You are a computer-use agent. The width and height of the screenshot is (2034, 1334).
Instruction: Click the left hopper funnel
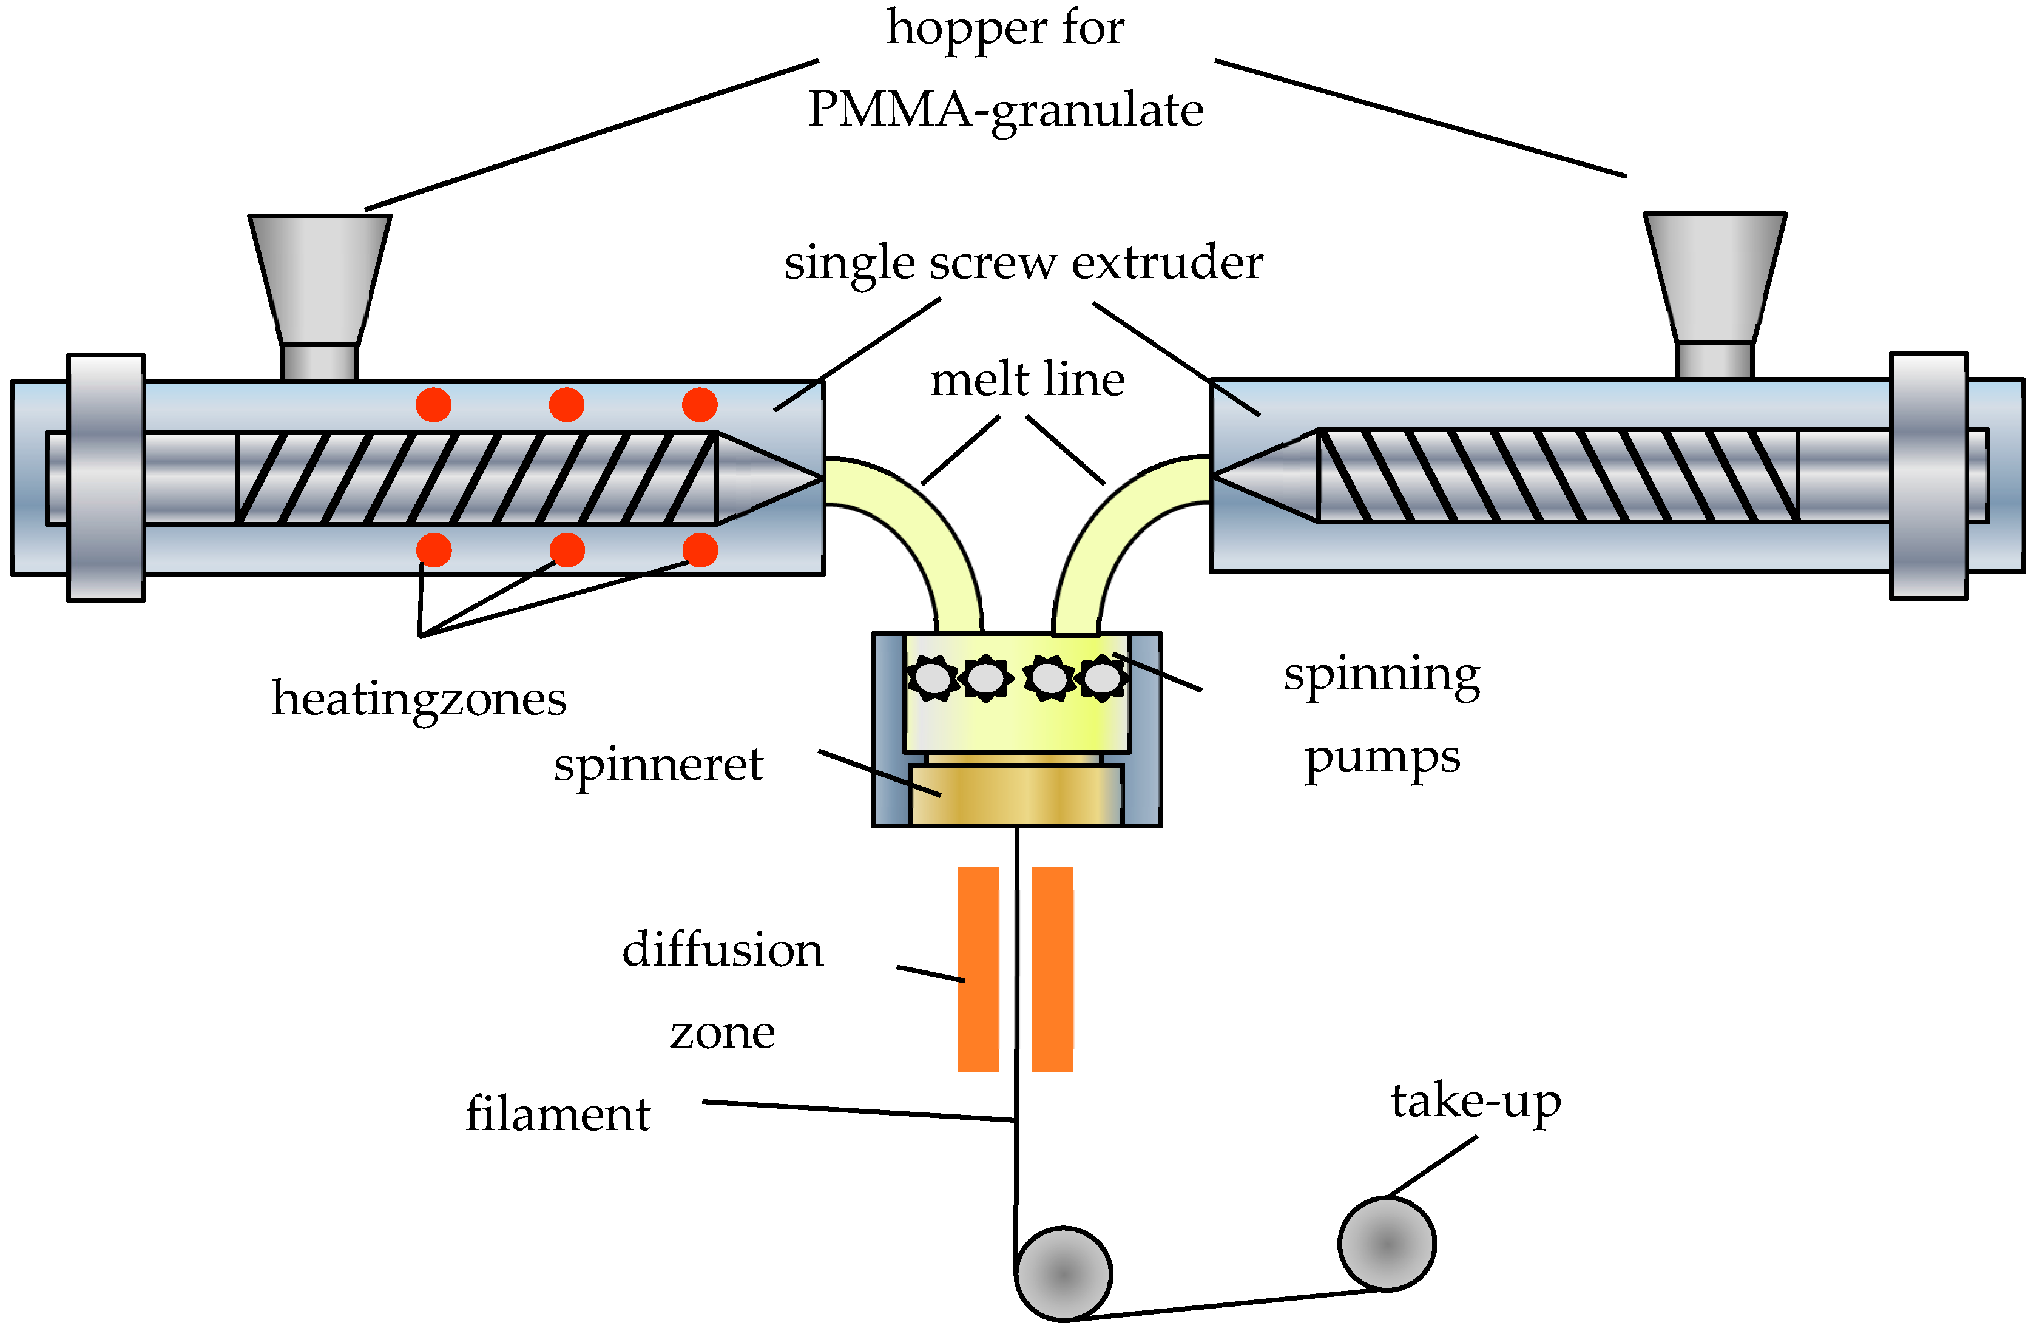(320, 278)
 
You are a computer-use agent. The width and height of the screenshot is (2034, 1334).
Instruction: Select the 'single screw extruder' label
(1023, 262)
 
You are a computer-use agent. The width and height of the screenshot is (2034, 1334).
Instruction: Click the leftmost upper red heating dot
(433, 404)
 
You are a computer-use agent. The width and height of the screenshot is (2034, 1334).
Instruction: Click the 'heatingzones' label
(419, 699)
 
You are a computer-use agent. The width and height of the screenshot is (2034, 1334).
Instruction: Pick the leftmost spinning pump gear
(931, 679)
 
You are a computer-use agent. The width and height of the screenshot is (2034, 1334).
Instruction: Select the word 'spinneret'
(658, 764)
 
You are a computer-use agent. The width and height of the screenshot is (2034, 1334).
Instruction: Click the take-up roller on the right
(1386, 1244)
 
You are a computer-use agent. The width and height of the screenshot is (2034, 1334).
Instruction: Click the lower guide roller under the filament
(1063, 1274)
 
